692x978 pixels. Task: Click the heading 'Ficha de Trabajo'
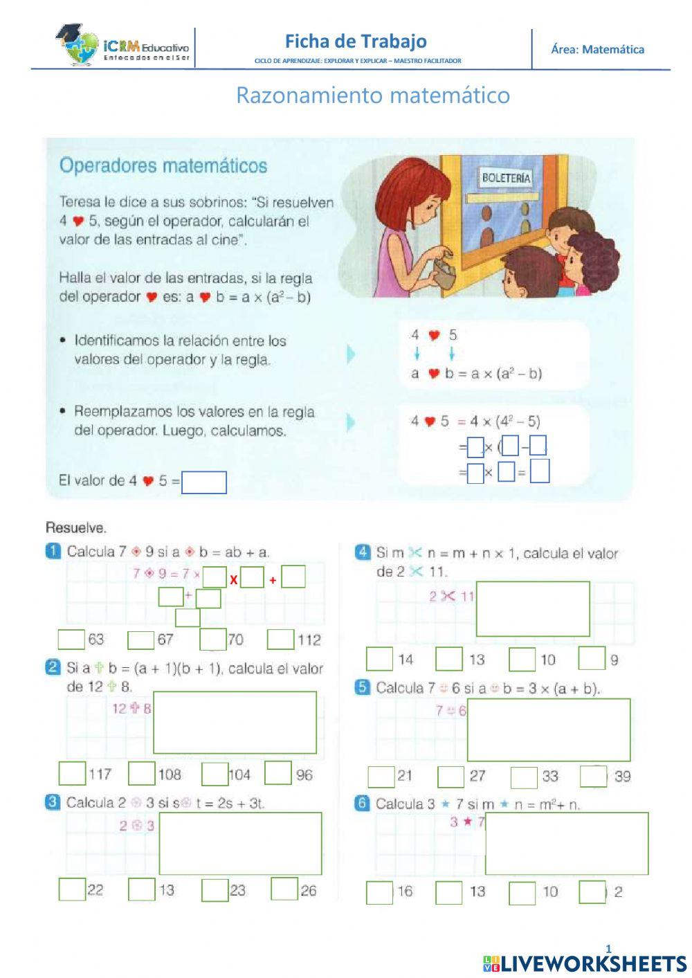(x=356, y=42)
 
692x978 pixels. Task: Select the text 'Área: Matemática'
(x=597, y=49)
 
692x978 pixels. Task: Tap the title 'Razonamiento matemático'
(x=373, y=95)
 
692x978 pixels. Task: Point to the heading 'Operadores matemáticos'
(x=163, y=166)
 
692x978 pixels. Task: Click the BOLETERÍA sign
(x=506, y=178)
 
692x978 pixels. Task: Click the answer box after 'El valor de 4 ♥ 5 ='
(x=204, y=482)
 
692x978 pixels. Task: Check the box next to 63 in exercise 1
(x=71, y=640)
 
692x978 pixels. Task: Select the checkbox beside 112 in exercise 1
(x=280, y=640)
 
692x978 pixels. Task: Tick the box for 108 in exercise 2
(x=142, y=774)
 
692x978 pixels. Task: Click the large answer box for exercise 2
(x=235, y=723)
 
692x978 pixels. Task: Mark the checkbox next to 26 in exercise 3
(x=284, y=889)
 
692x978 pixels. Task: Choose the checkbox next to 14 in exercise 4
(x=379, y=659)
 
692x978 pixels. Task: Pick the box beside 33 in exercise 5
(x=524, y=777)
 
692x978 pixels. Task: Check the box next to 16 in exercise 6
(x=379, y=893)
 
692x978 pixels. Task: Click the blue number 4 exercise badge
(x=363, y=552)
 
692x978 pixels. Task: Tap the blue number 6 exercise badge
(x=362, y=804)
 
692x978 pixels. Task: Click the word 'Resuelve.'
(x=76, y=528)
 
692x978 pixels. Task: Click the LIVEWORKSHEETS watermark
(x=585, y=963)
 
